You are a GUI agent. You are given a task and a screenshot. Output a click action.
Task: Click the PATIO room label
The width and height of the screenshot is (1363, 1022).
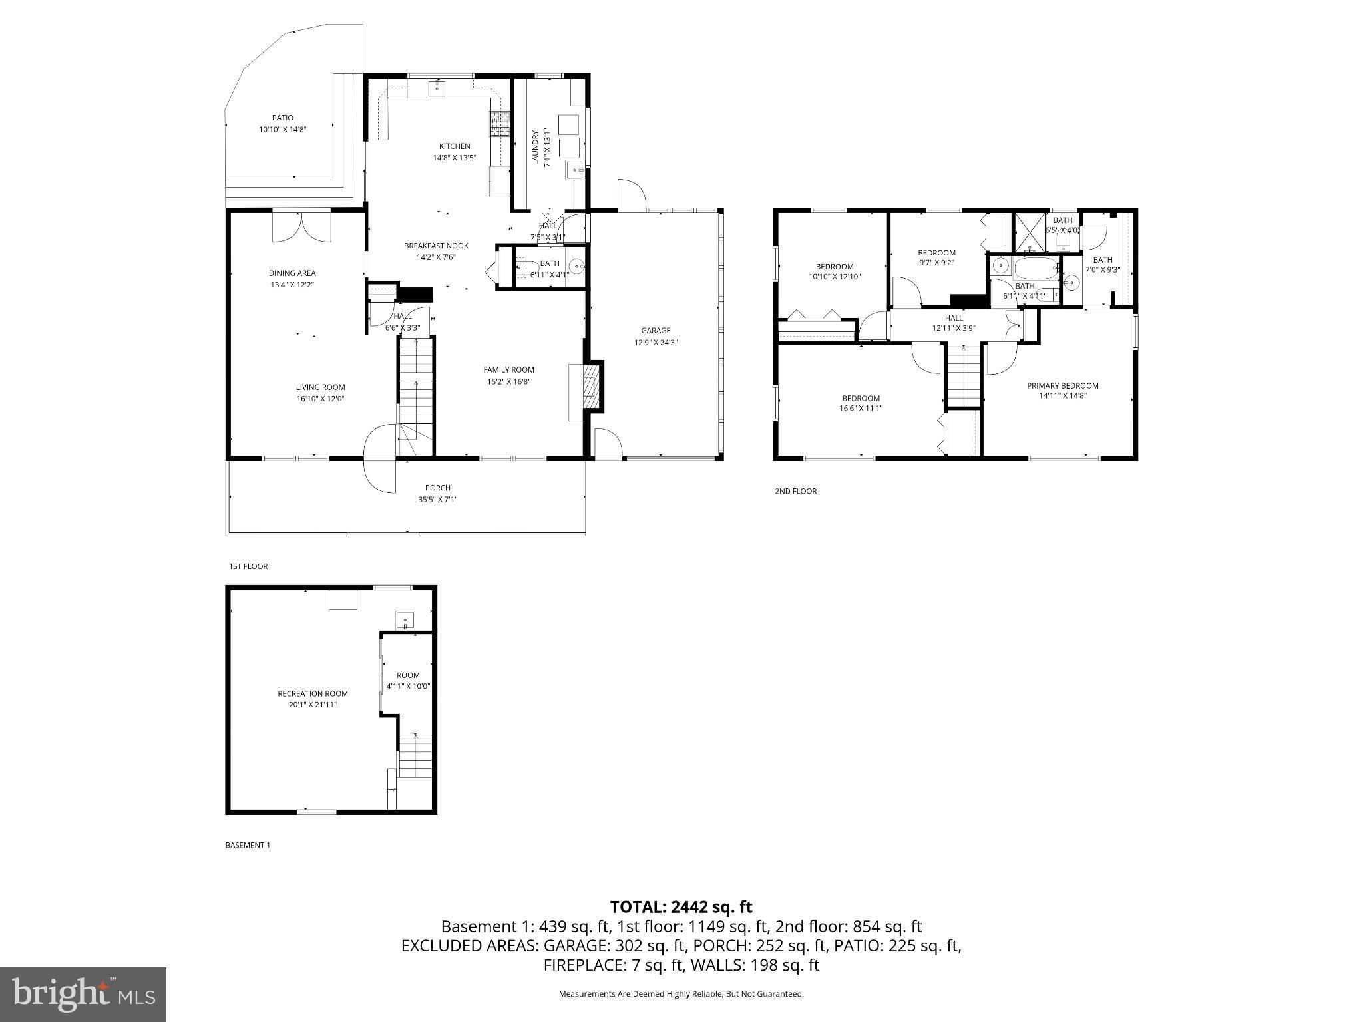tap(282, 118)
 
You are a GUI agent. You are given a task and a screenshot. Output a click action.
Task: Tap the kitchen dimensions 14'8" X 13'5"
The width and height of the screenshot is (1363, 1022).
tap(455, 158)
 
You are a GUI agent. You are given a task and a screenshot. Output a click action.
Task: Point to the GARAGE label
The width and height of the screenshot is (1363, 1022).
tap(656, 331)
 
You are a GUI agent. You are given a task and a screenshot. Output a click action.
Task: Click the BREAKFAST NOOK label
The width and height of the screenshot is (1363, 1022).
tap(436, 246)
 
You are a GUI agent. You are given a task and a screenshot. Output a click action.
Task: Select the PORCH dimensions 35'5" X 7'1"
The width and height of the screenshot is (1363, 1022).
tap(437, 499)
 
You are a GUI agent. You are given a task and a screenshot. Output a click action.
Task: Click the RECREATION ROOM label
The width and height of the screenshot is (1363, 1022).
tap(313, 693)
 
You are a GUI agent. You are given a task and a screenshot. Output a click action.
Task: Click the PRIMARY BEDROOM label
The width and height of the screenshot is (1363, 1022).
tap(1062, 385)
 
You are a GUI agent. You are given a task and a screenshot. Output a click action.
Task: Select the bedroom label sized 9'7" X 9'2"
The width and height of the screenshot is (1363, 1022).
tap(936, 253)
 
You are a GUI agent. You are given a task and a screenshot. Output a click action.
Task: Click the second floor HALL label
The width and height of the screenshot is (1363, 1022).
tap(954, 318)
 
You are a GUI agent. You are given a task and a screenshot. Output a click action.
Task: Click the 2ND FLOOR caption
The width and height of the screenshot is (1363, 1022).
tap(795, 491)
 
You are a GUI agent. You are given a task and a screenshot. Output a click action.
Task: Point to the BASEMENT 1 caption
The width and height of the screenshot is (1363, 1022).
tap(248, 845)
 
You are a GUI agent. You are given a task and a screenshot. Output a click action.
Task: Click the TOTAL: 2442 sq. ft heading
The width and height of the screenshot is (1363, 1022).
tap(681, 907)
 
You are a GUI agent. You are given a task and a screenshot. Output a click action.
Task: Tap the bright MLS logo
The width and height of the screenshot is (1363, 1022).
tap(83, 995)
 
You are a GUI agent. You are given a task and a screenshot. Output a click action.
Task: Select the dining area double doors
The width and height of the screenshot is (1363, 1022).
tap(301, 226)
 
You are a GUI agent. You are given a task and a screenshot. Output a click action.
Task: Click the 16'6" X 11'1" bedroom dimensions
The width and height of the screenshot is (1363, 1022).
tap(861, 408)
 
